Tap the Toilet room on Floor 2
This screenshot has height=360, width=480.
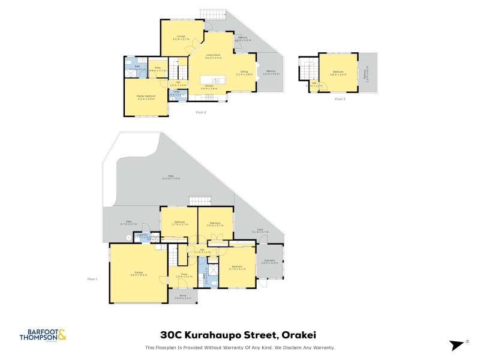[176, 93]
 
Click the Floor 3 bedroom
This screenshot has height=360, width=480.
[338, 73]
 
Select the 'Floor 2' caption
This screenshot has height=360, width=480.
[201, 112]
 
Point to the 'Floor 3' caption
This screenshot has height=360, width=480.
[340, 98]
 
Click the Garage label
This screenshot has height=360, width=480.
[139, 274]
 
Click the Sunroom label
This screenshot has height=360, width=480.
[269, 261]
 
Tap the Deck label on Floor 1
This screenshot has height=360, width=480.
[260, 231]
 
